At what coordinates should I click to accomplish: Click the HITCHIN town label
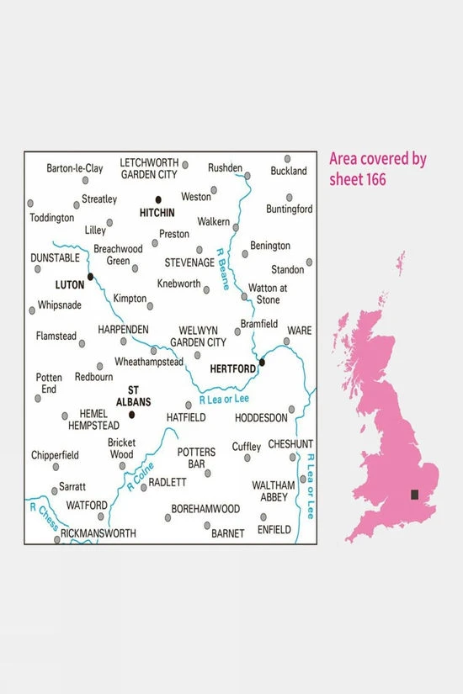pyautogui.click(x=157, y=213)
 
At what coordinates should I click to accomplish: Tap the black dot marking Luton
pyautogui.click(x=90, y=275)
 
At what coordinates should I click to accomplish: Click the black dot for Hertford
pyautogui.click(x=263, y=363)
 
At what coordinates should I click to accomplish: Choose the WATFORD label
pyautogui.click(x=88, y=505)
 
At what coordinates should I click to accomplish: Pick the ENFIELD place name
pyautogui.click(x=274, y=529)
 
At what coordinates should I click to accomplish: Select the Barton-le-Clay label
pyautogui.click(x=75, y=168)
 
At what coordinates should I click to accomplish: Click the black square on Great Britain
pyautogui.click(x=414, y=495)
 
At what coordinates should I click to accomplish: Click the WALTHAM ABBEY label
pyautogui.click(x=274, y=491)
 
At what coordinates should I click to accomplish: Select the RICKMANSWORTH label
pyautogui.click(x=100, y=532)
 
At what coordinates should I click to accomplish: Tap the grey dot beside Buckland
pyautogui.click(x=287, y=158)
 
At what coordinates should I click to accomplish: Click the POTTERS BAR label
pyautogui.click(x=196, y=458)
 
